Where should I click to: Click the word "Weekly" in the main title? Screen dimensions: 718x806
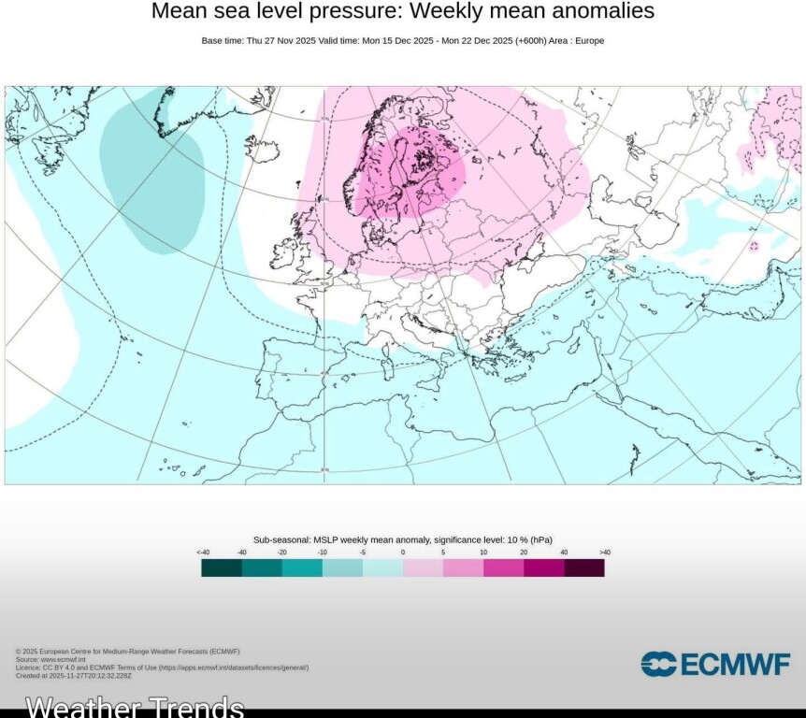click(444, 11)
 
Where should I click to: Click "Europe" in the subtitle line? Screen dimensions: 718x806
click(591, 40)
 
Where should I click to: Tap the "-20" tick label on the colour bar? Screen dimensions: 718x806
click(282, 553)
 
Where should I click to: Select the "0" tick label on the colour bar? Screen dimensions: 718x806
click(403, 553)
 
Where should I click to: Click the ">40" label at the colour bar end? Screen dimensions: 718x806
click(604, 553)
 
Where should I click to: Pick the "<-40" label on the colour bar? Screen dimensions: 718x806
click(203, 553)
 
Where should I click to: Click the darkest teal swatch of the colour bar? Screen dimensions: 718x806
click(222, 567)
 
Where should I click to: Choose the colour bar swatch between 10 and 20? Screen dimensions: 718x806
click(503, 567)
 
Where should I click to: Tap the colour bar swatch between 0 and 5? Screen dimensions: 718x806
click(423, 567)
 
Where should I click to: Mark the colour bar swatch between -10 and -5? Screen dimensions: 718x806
click(342, 567)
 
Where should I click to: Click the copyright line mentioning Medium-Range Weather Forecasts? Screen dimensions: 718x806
click(127, 651)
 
